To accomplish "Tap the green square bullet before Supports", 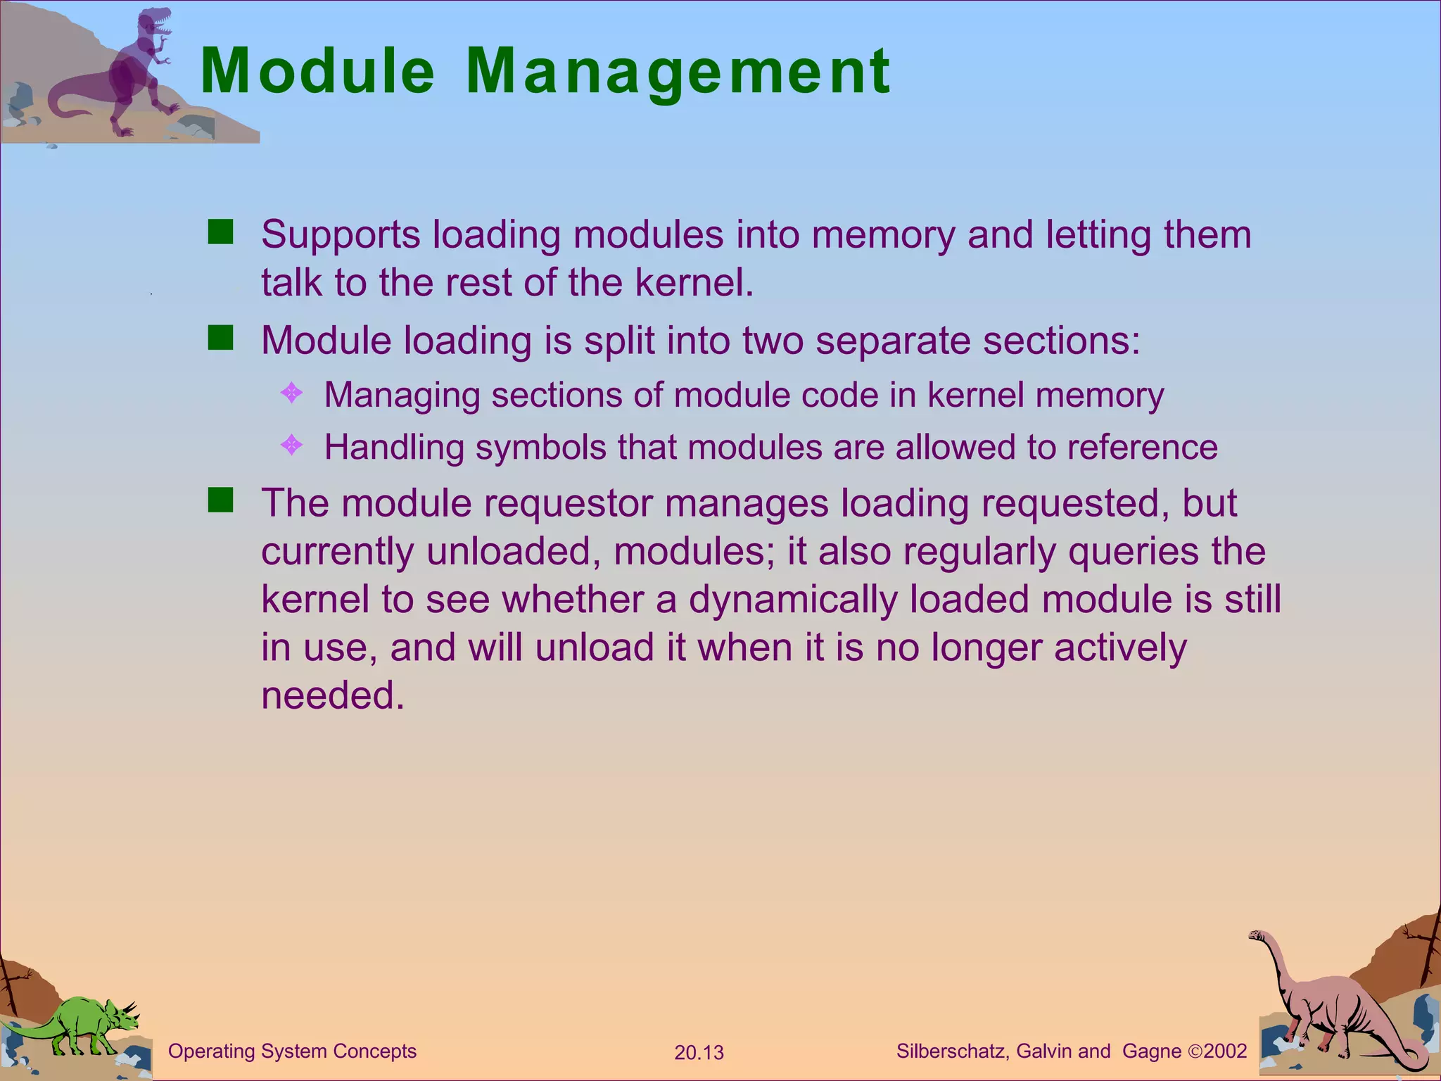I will pos(220,232).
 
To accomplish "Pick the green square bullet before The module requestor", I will pos(220,501).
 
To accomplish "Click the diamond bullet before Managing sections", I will pos(291,393).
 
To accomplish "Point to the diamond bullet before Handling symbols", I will pos(291,445).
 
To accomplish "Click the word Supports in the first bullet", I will pos(341,234).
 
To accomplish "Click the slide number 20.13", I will pos(699,1053).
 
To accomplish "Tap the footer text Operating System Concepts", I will pos(292,1051).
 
